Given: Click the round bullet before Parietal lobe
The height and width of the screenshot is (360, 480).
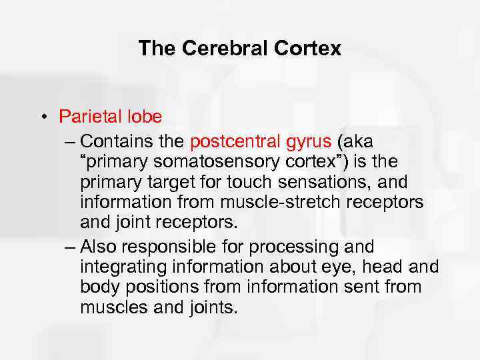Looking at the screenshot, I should [x=42, y=117].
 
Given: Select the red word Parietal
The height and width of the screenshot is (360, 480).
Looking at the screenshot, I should [x=89, y=117].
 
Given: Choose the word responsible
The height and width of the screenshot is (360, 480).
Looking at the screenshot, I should [x=169, y=247].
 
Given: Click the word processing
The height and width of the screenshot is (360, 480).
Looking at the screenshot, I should [x=295, y=247].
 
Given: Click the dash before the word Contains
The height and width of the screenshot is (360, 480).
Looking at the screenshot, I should [x=71, y=142].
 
